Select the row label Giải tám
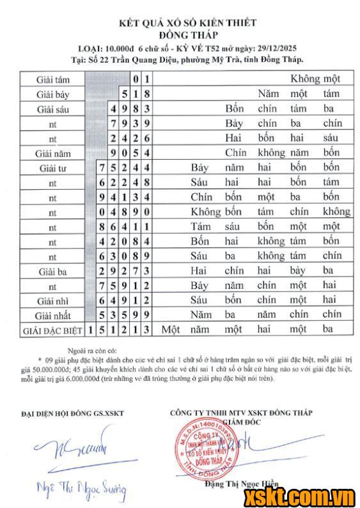pos(54,79)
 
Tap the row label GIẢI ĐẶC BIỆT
pos(53,330)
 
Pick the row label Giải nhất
pos(54,315)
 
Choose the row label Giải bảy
pos(54,94)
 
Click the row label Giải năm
pos(54,153)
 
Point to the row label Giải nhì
pos(54,300)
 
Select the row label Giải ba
pos(54,271)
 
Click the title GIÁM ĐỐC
pos(240,422)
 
